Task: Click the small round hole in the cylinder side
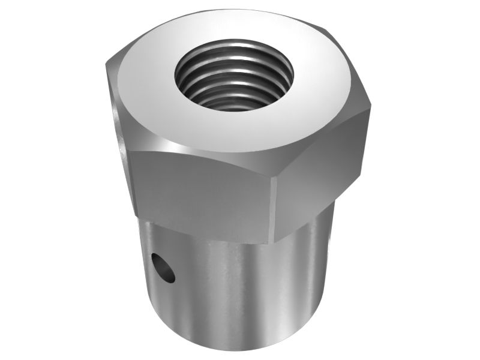click(163, 268)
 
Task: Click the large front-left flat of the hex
click(201, 192)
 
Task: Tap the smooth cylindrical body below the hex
click(240, 288)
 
